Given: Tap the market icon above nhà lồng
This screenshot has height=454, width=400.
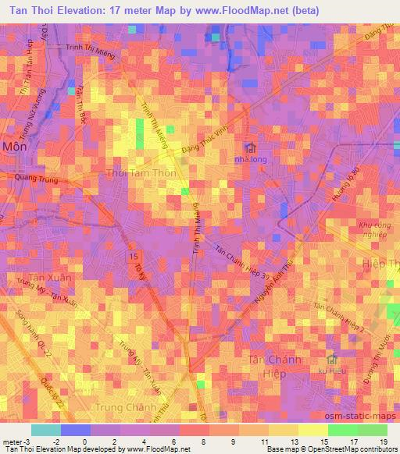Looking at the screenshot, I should [250, 147].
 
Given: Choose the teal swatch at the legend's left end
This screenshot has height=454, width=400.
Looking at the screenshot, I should [45, 430].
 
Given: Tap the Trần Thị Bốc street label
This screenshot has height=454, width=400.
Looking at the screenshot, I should [80, 104].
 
